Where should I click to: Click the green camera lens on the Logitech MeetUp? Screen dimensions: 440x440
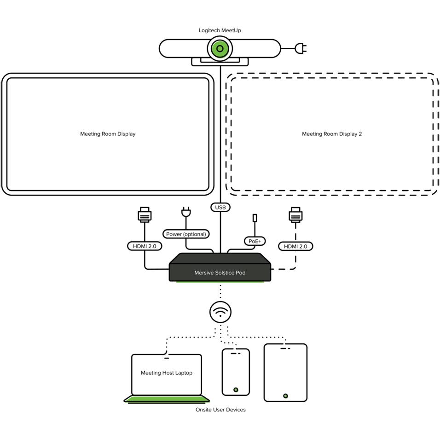[220, 48]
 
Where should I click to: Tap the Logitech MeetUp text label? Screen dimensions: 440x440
[220, 30]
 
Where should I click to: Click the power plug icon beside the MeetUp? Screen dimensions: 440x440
[302, 48]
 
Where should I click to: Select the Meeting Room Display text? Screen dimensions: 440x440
[108, 134]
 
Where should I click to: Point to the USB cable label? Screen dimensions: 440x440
[220, 208]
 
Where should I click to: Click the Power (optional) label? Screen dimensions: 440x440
[186, 234]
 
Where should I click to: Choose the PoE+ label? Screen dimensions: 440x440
[255, 241]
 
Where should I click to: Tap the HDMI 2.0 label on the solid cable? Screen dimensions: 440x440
[145, 246]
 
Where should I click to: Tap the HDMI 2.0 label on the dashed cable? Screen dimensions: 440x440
[295, 246]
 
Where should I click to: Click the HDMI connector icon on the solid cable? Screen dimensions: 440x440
[145, 215]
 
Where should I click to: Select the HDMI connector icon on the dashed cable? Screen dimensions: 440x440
[295, 215]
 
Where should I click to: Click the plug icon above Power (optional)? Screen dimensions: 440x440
[186, 213]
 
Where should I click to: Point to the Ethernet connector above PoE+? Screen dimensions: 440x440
[255, 218]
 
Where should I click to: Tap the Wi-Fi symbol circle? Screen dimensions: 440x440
[220, 312]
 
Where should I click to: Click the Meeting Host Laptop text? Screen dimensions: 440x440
[167, 373]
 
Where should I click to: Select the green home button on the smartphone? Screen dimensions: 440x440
[236, 390]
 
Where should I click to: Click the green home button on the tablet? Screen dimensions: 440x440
[285, 396]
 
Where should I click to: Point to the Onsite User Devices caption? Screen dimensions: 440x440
[220, 410]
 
